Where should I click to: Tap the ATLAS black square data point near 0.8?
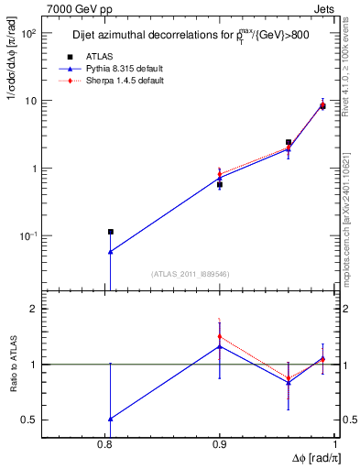point(110,232)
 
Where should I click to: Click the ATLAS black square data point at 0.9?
point(220,184)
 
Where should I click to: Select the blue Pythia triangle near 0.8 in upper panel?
point(110,252)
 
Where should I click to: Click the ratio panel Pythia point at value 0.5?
point(110,419)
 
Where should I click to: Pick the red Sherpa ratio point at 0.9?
point(220,336)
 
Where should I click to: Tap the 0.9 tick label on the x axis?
point(220,444)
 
